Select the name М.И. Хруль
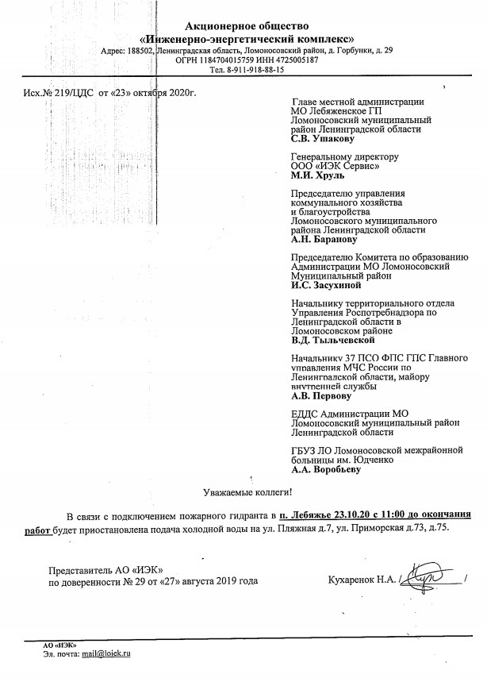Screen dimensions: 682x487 point(319,176)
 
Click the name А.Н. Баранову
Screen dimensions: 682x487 point(325,239)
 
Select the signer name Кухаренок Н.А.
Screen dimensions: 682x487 point(359,580)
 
